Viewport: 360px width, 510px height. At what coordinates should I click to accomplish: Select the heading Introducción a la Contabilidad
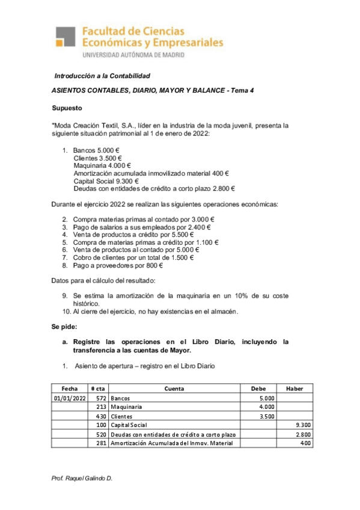coord(102,76)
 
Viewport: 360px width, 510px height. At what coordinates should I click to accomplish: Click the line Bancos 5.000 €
coord(96,150)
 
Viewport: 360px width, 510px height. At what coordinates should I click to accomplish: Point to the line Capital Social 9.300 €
coord(106,181)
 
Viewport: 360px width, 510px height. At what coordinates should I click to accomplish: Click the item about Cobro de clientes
coord(133,257)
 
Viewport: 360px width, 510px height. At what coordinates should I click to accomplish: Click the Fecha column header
coord(70,389)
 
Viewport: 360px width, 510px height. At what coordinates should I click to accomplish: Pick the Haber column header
coord(294,389)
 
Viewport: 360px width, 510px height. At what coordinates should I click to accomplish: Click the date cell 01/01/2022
coord(70,398)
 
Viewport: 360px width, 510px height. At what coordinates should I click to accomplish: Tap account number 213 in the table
coord(101,407)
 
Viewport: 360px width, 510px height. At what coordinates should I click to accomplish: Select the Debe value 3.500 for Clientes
coord(267,416)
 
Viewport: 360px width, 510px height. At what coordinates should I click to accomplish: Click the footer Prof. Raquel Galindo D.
coord(84,478)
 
